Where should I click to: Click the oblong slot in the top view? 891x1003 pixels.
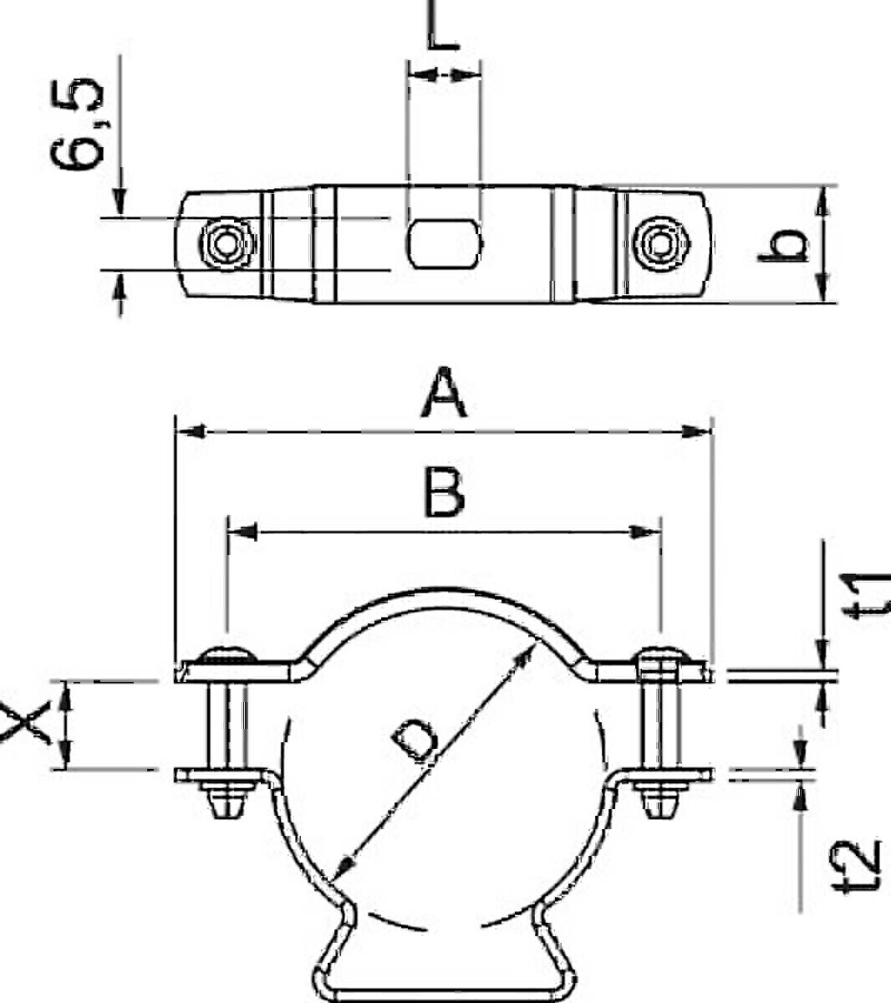(x=444, y=243)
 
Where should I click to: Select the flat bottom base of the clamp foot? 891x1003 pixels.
(x=444, y=995)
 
